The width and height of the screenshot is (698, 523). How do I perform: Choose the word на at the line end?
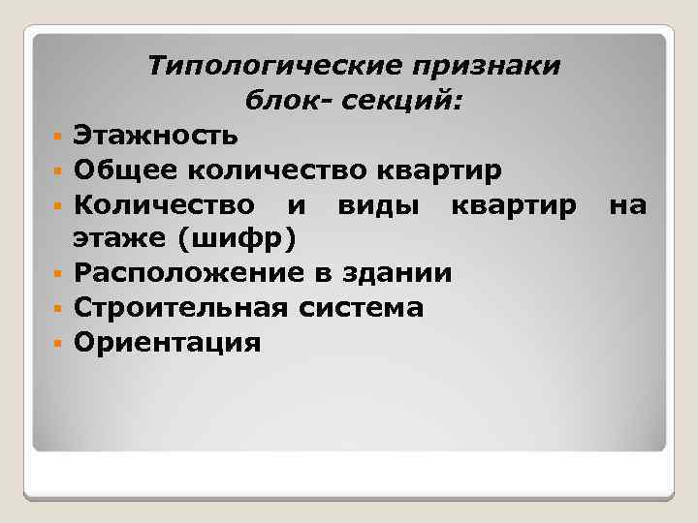[625, 205]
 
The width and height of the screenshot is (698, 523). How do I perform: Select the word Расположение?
[189, 273]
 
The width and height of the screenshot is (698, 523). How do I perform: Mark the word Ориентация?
[168, 343]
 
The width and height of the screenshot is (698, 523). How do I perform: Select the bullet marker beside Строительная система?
[58, 309]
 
